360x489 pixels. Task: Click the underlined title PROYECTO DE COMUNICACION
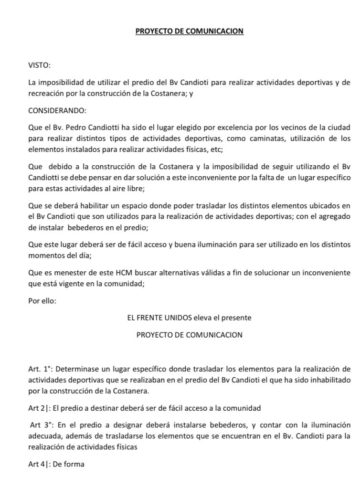click(190, 31)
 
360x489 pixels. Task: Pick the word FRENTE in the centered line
click(163, 317)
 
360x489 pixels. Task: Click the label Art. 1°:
click(41, 369)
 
